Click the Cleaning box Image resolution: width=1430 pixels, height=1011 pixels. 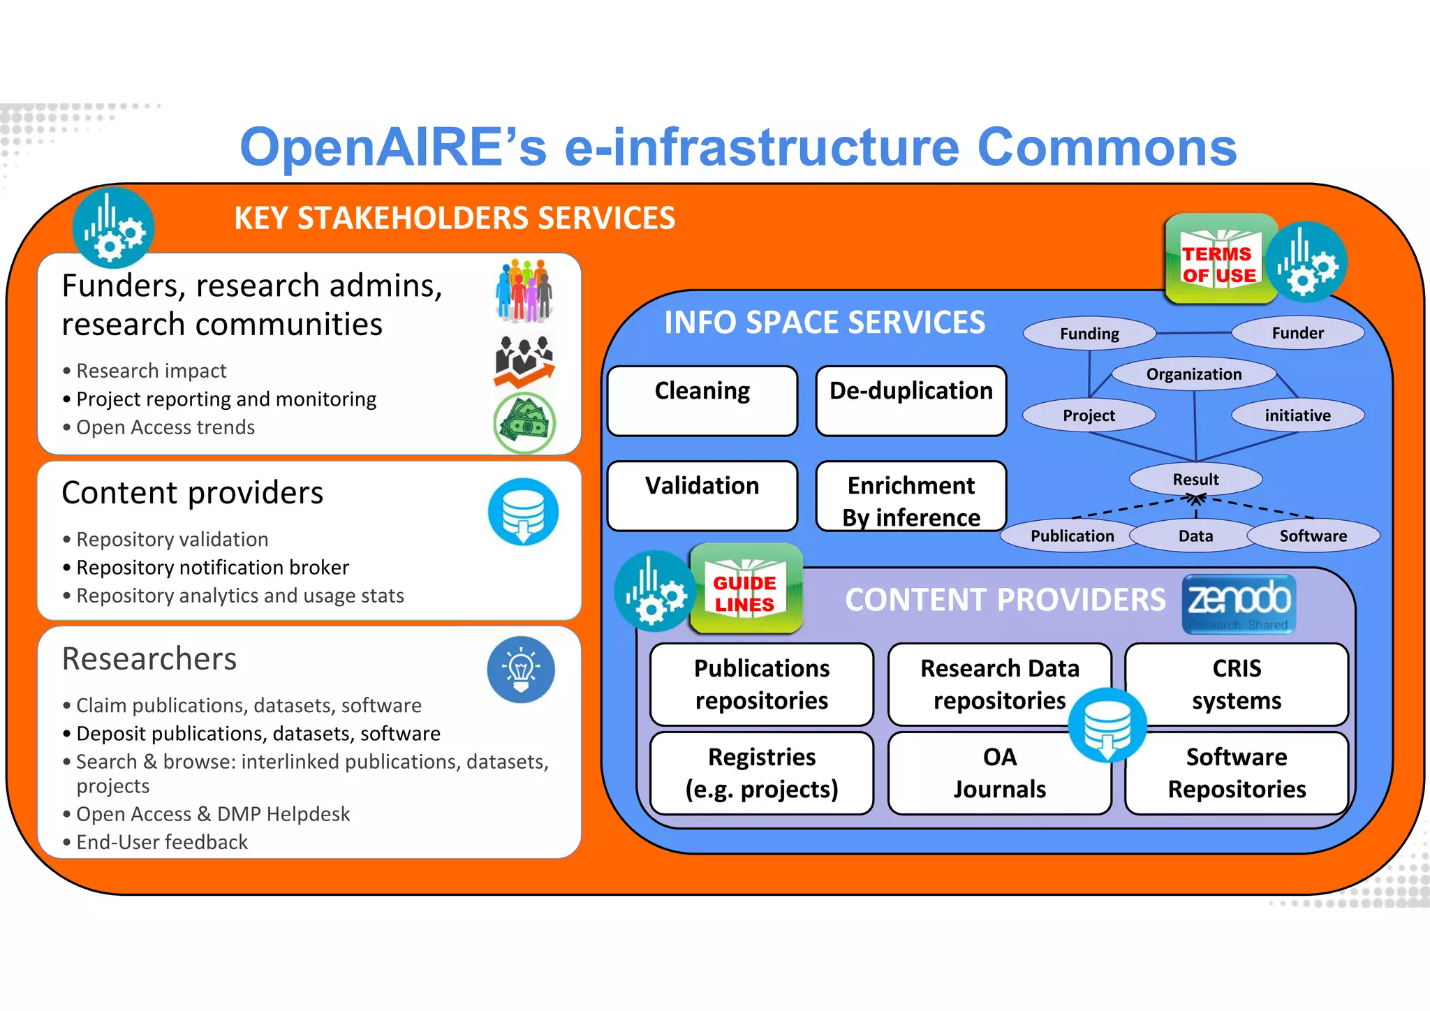coord(702,401)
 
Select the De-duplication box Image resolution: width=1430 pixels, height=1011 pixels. coord(911,401)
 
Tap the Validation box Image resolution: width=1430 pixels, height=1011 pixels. coord(702,496)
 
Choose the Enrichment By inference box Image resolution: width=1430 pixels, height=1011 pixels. coord(911,497)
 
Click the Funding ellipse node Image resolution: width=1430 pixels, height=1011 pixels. coord(1089,334)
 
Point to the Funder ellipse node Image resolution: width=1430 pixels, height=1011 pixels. coord(1297,333)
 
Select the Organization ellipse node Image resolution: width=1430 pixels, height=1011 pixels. coord(1193,374)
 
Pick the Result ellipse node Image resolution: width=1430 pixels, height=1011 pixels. coord(1195,480)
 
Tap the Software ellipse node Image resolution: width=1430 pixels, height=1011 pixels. coord(1313,536)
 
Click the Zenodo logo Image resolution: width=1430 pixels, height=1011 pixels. coord(1239,604)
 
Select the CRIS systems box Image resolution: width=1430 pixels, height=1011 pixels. coord(1236,684)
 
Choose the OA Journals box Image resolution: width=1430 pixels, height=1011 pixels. coord(999,773)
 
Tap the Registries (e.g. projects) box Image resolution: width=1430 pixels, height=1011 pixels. coord(761,773)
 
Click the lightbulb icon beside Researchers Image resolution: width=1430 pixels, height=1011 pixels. coord(521,670)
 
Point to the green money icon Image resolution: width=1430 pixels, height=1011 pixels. coord(524,423)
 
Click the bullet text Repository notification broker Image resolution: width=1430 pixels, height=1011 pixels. coord(212,568)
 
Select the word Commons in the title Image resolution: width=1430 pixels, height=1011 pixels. coord(1107,147)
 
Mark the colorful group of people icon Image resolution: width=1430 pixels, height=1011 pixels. coord(524,290)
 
